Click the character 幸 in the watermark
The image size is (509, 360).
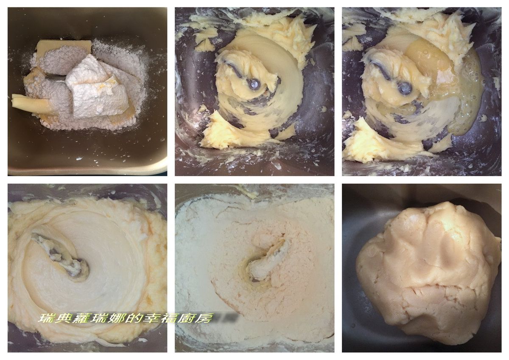[152, 318]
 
